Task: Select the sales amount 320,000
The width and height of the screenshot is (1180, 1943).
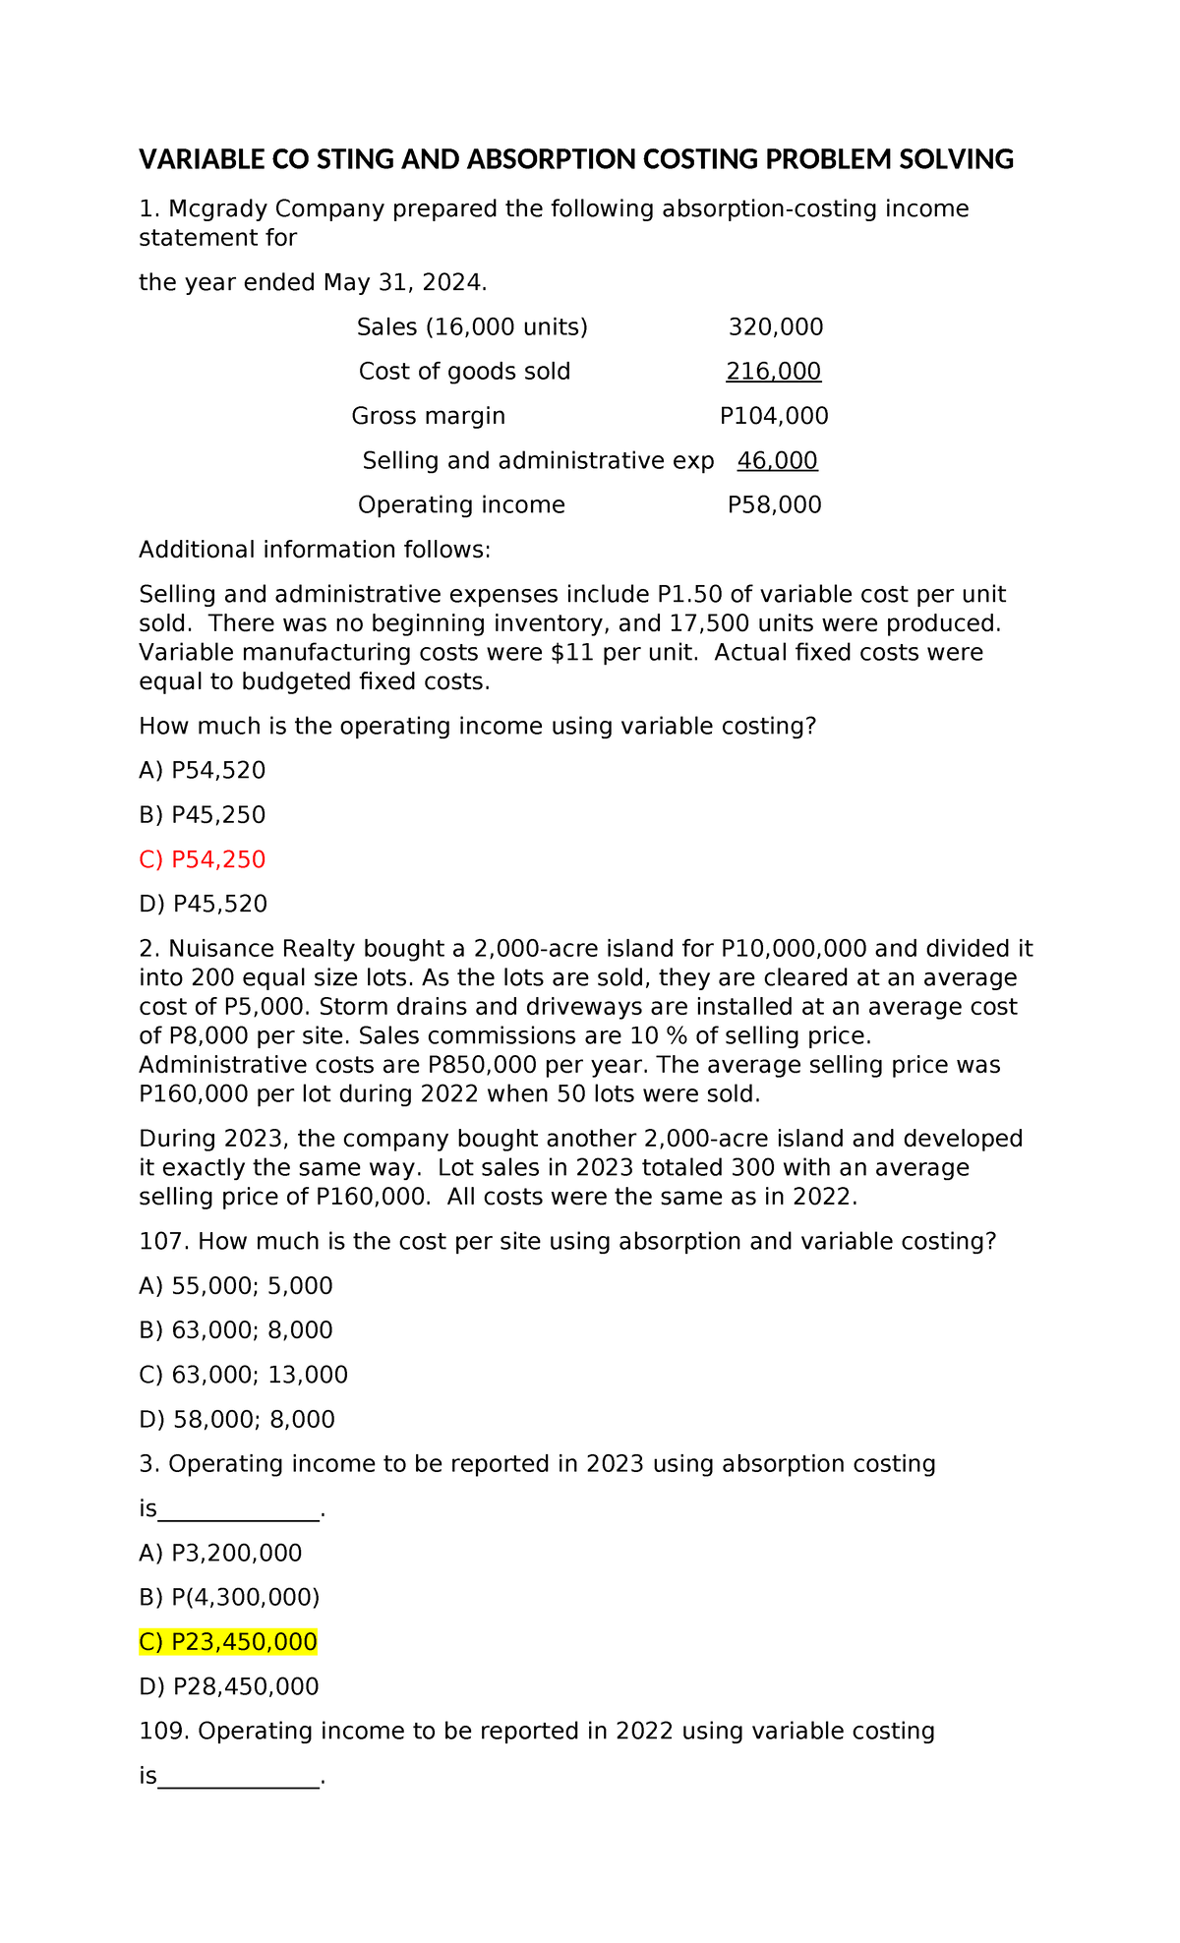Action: (x=775, y=327)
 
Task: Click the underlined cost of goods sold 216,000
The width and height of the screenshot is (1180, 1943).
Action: (x=773, y=372)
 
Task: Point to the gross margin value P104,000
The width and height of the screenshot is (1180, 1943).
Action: (x=774, y=416)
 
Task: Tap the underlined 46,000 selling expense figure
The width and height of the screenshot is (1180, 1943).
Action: (x=777, y=461)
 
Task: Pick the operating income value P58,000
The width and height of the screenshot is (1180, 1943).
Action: (x=774, y=505)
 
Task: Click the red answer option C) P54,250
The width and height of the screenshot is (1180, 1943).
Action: (x=203, y=860)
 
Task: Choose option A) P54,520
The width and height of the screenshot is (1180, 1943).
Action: (x=203, y=771)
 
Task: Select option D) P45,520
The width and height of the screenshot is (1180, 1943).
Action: (x=204, y=905)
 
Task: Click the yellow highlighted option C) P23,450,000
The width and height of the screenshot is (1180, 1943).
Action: (x=228, y=1642)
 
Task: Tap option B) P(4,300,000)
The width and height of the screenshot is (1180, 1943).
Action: (x=230, y=1598)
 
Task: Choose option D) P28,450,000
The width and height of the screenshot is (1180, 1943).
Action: (x=229, y=1687)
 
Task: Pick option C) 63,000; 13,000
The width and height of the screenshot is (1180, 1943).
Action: (x=244, y=1376)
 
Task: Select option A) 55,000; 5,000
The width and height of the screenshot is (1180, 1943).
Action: (x=236, y=1286)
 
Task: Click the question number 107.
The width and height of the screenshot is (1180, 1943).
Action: (x=163, y=1242)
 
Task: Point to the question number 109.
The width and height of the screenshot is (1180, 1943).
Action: (x=163, y=1732)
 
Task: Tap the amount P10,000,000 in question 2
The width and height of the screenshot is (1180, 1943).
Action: (x=794, y=949)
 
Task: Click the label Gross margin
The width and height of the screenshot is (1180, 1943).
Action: (x=429, y=416)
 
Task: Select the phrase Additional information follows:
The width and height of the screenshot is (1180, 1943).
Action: (x=315, y=550)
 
